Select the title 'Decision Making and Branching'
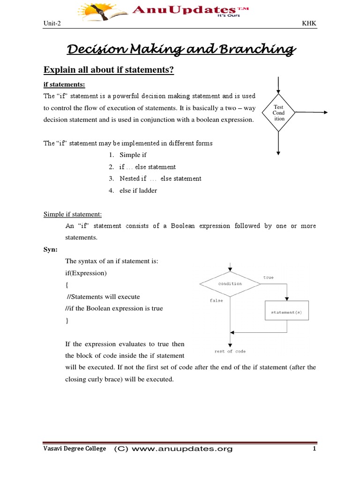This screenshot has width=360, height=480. [x=181, y=49]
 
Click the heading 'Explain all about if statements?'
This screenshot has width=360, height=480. [x=109, y=70]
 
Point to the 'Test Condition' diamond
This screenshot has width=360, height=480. [x=279, y=113]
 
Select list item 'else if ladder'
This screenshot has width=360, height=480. [x=138, y=190]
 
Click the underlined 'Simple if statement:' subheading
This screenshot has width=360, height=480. [x=73, y=214]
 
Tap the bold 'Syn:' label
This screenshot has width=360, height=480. [x=51, y=249]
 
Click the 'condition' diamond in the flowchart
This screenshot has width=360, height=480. [x=230, y=284]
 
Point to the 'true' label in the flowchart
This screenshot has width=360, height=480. [x=268, y=277]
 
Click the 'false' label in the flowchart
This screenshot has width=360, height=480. [x=216, y=300]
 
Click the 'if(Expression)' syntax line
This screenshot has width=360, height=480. [x=86, y=273]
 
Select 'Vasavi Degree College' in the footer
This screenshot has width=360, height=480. [x=75, y=449]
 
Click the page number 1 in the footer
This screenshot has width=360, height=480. [x=315, y=449]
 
